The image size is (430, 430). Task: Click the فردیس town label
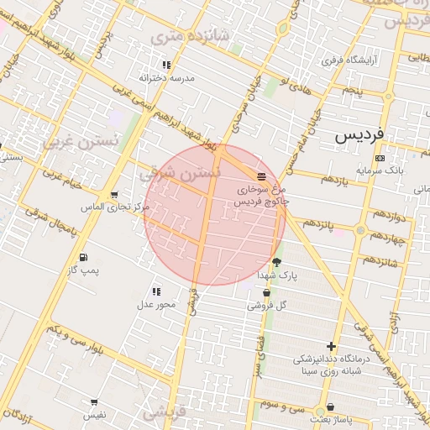(x=358, y=134)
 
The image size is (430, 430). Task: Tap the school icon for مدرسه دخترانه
(x=166, y=65)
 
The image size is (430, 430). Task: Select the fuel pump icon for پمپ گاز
(x=82, y=257)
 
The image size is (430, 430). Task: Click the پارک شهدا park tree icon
(x=276, y=262)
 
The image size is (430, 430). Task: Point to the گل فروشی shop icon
(x=266, y=293)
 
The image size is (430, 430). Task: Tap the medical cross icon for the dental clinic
(x=332, y=346)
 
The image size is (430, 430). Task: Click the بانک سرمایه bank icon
(x=380, y=158)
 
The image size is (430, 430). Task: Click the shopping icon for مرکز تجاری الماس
(x=114, y=195)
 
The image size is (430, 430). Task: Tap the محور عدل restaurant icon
(x=156, y=291)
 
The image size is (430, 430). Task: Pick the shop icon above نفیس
(x=93, y=402)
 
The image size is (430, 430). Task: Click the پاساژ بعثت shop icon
(x=330, y=406)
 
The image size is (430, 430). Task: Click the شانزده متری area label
(x=178, y=37)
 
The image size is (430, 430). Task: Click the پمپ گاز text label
(x=83, y=270)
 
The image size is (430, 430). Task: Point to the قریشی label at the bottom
(x=163, y=413)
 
